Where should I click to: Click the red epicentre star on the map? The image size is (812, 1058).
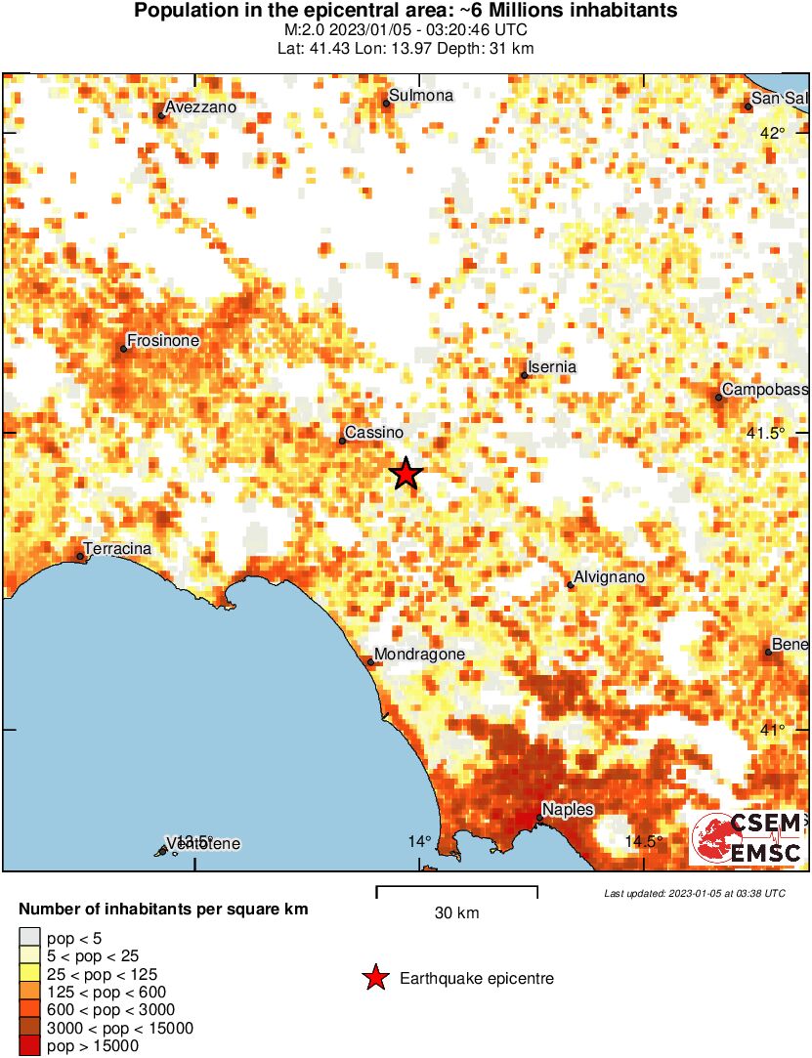click(x=406, y=474)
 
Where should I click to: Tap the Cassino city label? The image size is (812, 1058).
click(x=374, y=433)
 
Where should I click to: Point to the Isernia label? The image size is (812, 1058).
click(x=553, y=367)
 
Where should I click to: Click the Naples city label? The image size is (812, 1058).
click(x=568, y=809)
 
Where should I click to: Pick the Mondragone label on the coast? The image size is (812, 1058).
click(x=419, y=655)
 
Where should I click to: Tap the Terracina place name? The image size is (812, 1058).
click(x=118, y=549)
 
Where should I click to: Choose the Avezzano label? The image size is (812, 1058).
click(x=201, y=107)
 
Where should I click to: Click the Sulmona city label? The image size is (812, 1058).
click(x=421, y=96)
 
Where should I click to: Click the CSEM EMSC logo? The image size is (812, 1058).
click(x=748, y=838)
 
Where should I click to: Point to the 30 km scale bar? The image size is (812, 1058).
click(x=456, y=888)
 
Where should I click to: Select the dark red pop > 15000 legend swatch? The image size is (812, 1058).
click(x=30, y=1045)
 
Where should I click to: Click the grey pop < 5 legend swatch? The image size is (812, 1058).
click(x=30, y=938)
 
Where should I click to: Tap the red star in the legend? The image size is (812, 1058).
click(x=374, y=978)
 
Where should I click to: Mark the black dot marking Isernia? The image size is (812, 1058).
click(x=525, y=375)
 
